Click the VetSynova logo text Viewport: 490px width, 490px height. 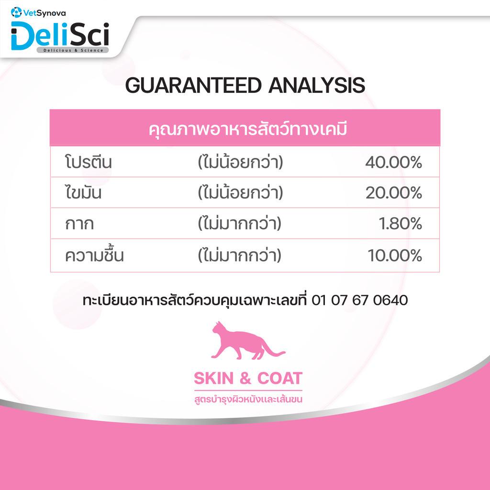coord(45,13)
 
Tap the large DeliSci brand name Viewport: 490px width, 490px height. coord(60,35)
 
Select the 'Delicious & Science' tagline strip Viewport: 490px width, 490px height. coord(73,50)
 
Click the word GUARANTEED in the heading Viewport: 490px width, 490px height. coord(193,85)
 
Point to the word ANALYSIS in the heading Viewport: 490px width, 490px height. coord(317,85)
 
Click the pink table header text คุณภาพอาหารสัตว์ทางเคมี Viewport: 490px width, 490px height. coord(248,129)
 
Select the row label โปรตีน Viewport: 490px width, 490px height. coord(88,162)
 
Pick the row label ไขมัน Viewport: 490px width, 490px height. coord(83,192)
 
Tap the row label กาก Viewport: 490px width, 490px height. coord(79,224)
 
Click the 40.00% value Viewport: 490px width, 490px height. coord(394,163)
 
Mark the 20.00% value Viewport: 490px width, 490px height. coord(394,192)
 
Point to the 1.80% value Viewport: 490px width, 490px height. coord(401,224)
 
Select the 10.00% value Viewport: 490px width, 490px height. coord(395,256)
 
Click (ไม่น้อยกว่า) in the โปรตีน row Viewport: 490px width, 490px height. coord(240,162)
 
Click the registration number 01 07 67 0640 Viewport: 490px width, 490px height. coord(360,301)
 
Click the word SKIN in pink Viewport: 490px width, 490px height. coord(214,379)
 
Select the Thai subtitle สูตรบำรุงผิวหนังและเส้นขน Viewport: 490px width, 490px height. coord(248,399)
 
